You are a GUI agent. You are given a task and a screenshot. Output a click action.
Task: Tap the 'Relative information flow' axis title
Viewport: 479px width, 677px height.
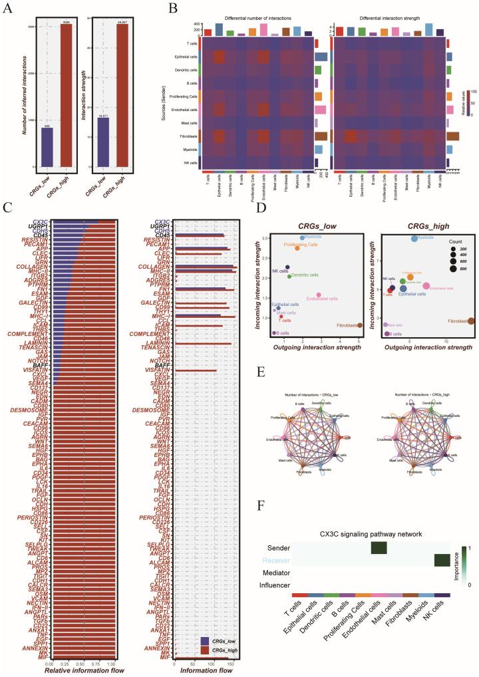tap(82, 672)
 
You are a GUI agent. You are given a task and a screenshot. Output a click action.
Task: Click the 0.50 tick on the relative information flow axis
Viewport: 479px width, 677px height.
tap(83, 664)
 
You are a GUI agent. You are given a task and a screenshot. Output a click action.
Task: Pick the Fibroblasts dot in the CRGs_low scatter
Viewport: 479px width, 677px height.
tap(360, 325)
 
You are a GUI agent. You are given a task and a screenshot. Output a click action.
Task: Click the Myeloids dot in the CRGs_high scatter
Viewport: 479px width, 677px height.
tap(414, 237)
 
